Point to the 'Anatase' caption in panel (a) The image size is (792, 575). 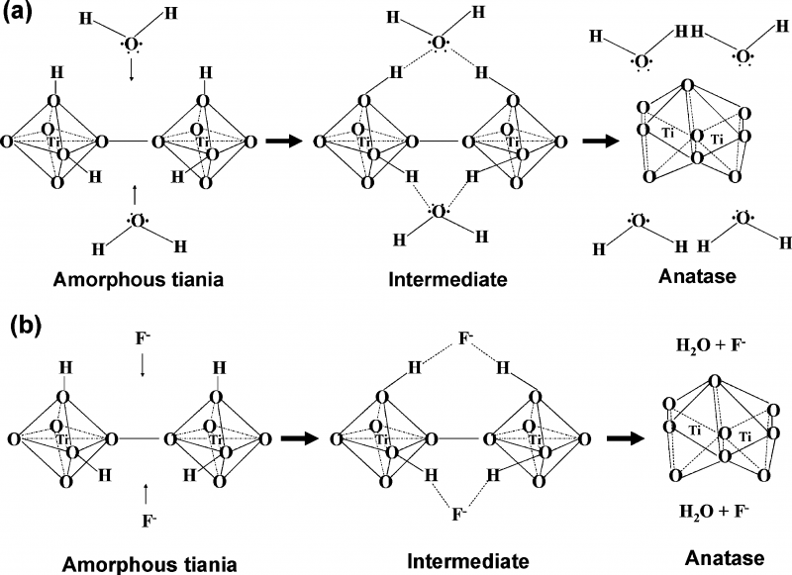[x=696, y=277]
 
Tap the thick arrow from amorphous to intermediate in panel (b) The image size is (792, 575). [x=297, y=436]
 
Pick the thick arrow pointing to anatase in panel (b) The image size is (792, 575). [x=614, y=436]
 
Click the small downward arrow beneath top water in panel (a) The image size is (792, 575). [x=132, y=70]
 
